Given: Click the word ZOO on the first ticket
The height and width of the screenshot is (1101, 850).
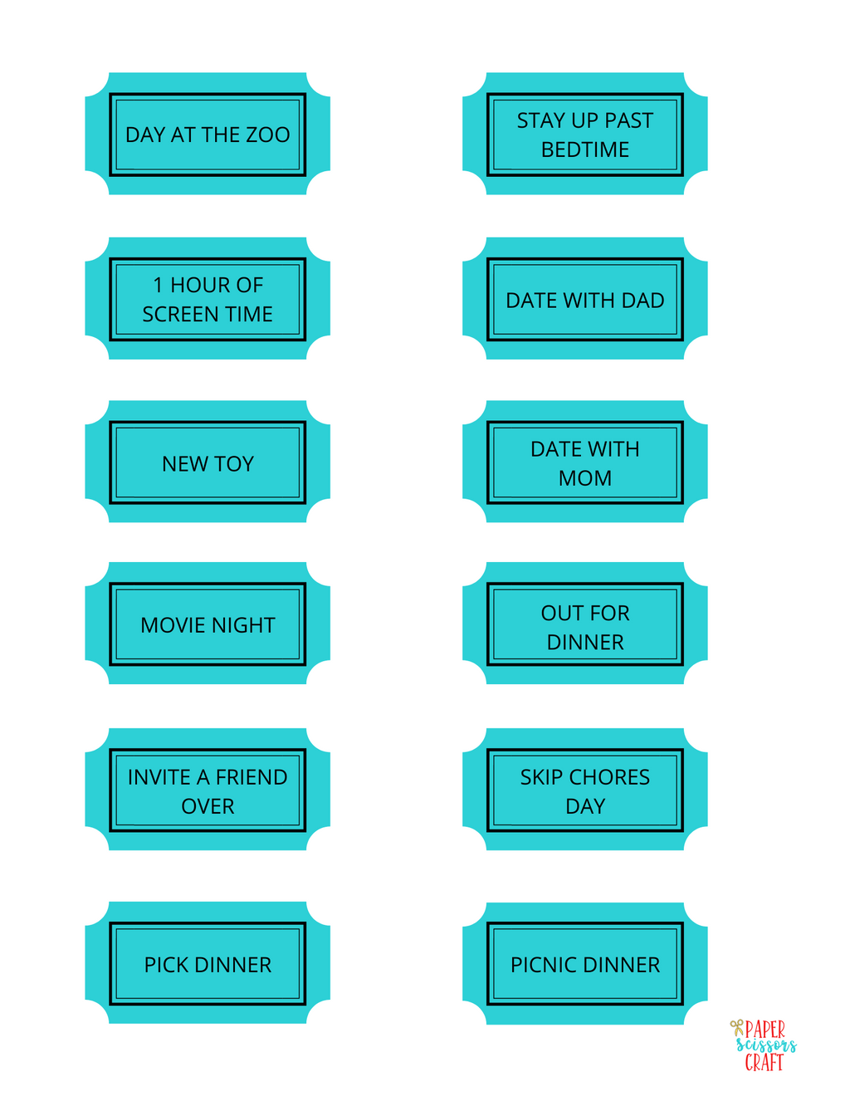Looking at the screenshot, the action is point(268,135).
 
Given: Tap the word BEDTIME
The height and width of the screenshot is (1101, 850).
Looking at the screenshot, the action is point(585,149).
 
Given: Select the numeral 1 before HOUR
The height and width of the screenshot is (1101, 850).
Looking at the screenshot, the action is point(158,285).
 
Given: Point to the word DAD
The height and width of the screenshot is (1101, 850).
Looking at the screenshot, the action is point(642,301).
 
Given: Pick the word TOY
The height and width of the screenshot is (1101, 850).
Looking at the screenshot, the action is point(233,463).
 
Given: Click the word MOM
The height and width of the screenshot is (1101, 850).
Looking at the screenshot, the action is point(585,478).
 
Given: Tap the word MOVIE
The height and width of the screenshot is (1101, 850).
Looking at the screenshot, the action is point(173,625).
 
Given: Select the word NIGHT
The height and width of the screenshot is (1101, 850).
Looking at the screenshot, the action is point(243,625).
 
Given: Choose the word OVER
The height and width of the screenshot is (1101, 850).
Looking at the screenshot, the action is point(208,806).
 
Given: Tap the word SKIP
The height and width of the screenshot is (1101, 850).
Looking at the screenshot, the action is point(541,777).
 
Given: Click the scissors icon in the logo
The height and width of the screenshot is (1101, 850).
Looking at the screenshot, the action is point(737,1028).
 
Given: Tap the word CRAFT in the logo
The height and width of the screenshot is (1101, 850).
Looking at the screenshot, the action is point(765,1062).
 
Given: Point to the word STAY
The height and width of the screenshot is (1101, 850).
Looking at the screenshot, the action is point(541,120).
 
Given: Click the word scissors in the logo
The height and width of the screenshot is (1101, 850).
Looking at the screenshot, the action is point(766,1045).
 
